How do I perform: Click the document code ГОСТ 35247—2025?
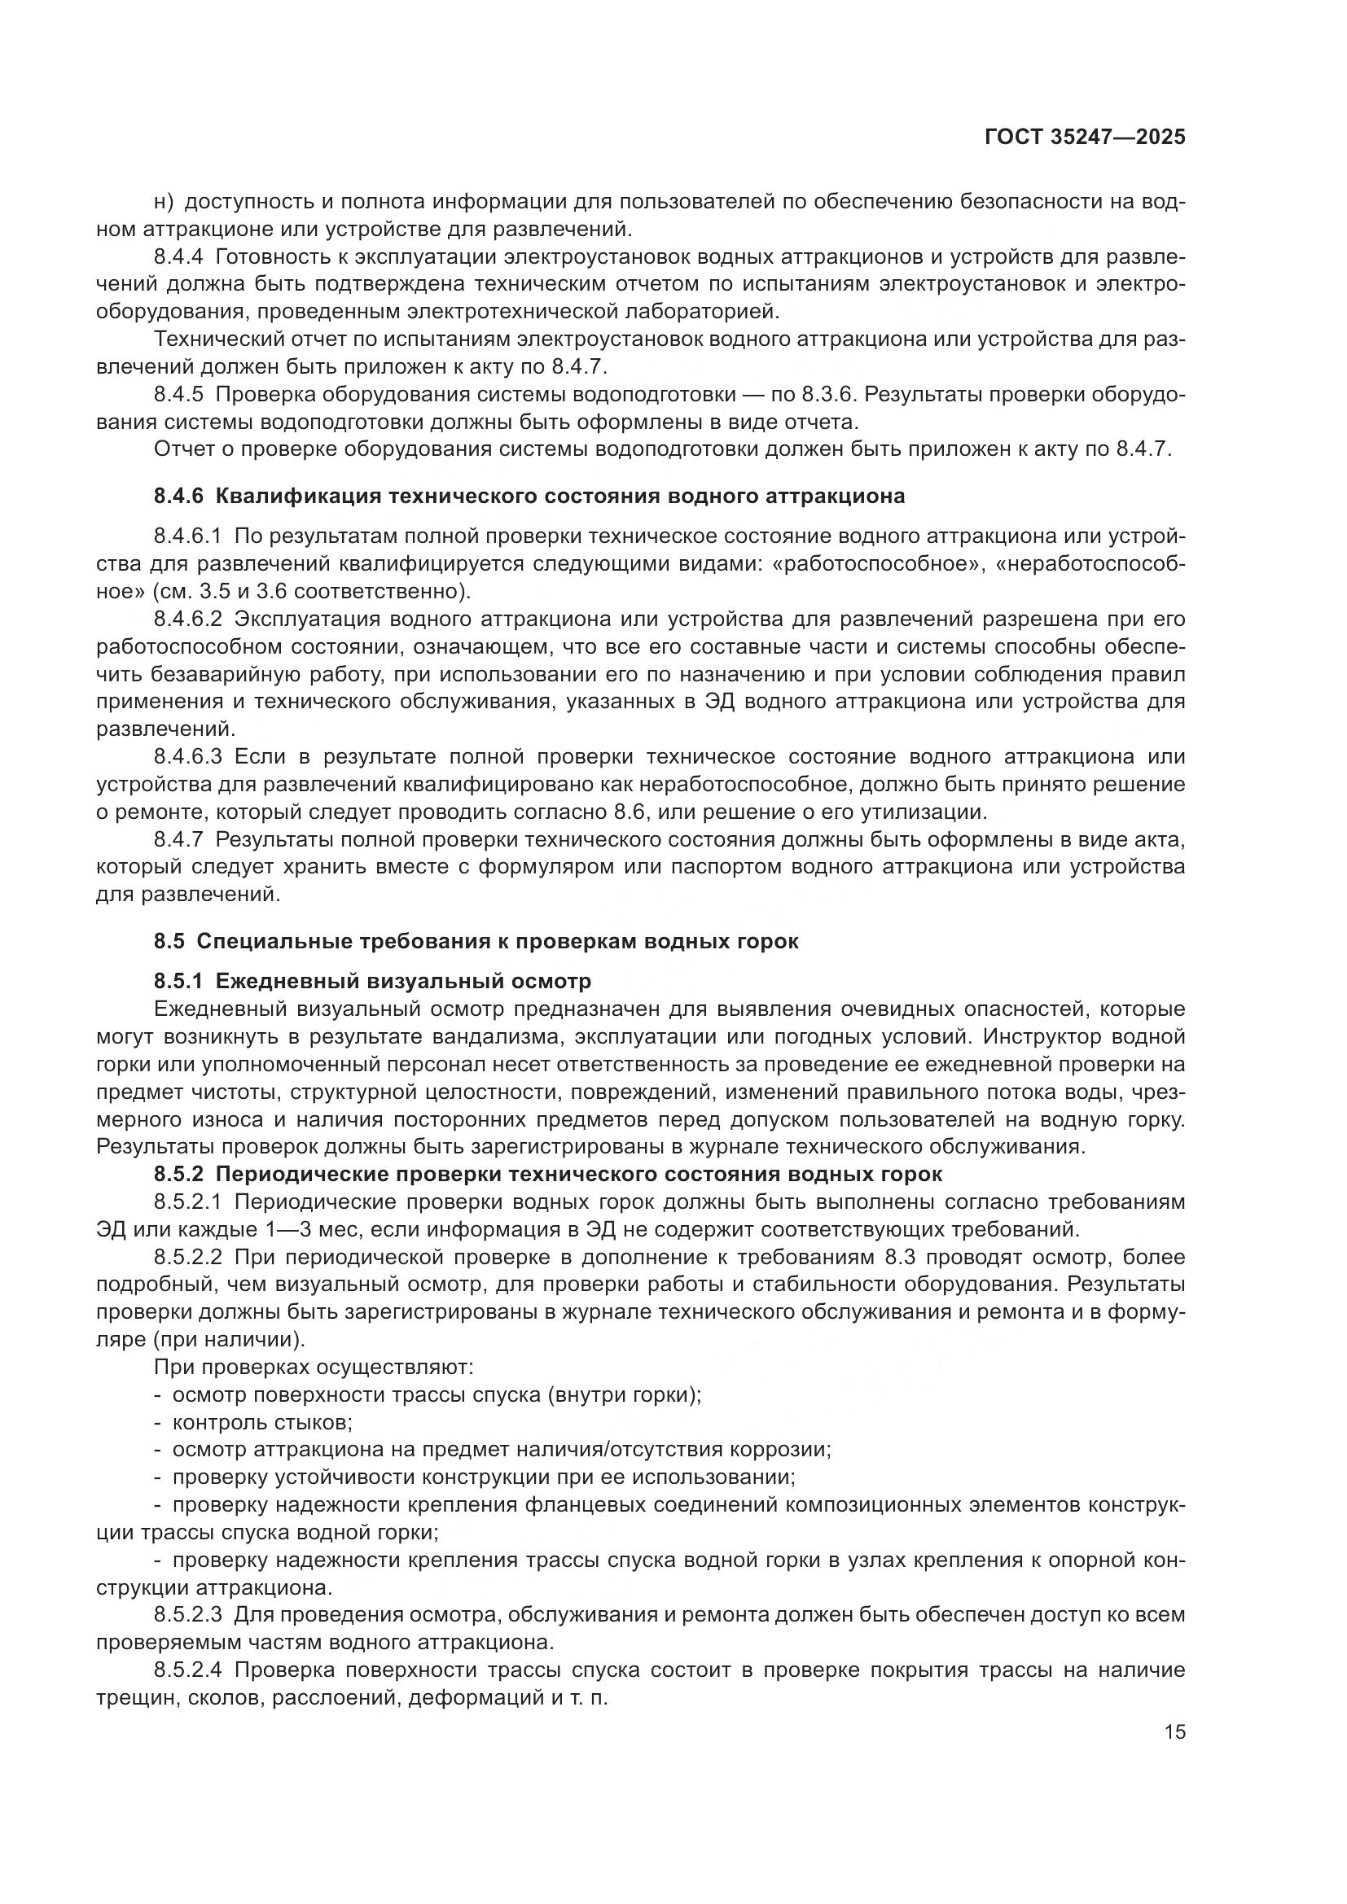tap(1085, 137)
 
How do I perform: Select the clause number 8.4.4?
tap(178, 256)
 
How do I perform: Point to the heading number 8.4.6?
tap(178, 496)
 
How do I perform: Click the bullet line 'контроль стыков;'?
tap(262, 1422)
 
